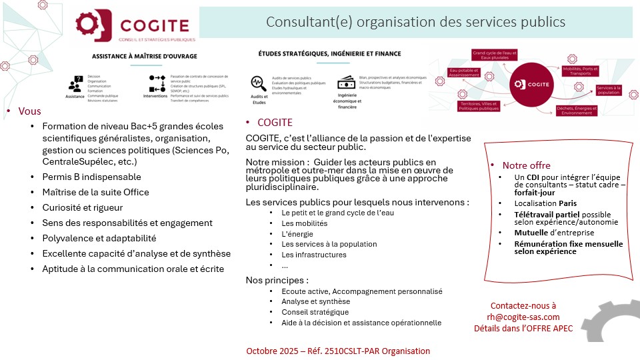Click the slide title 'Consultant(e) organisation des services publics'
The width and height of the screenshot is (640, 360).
click(x=415, y=22)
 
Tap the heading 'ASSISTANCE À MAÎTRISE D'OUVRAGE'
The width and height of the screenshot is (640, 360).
click(x=144, y=56)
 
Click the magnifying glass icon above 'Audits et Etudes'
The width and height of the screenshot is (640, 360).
click(x=258, y=83)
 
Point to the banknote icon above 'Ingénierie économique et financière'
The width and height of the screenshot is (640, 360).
click(x=345, y=83)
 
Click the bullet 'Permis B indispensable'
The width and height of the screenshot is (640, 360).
click(x=91, y=177)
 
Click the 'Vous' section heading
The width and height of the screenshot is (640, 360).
click(x=29, y=111)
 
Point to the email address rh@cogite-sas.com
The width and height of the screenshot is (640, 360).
click(x=523, y=317)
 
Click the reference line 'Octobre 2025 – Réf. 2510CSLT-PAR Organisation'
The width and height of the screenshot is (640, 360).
click(x=338, y=351)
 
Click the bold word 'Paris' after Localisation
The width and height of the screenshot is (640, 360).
click(x=568, y=203)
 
